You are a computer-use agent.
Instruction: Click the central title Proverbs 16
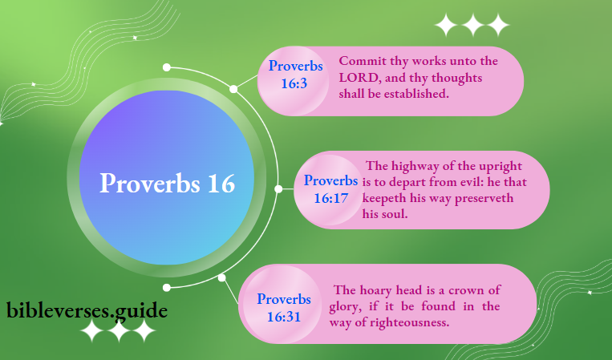coord(168,183)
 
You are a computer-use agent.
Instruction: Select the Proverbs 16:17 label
coord(330,189)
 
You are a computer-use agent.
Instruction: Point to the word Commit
coord(363,61)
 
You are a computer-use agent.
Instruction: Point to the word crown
coord(465,290)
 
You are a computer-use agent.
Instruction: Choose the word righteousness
coord(408,322)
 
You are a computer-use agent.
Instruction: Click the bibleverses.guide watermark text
coord(87,309)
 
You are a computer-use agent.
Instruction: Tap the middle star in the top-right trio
coord(472,26)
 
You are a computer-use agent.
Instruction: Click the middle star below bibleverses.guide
coord(118,331)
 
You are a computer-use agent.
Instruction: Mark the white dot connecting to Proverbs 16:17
coord(278,189)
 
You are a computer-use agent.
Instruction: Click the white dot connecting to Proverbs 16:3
coord(233,89)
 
